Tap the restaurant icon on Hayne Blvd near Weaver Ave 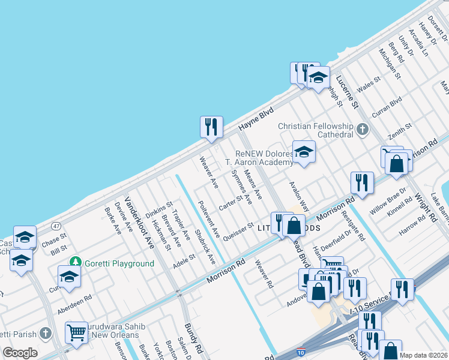pyautogui.click(x=211, y=127)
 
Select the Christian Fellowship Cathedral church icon pyautogui.click(x=362, y=129)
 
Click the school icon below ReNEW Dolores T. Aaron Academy pyautogui.click(x=304, y=152)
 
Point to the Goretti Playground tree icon pyautogui.click(x=75, y=262)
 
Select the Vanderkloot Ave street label pyautogui.click(x=139, y=221)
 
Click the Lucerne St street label pyautogui.click(x=347, y=92)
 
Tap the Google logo pyautogui.click(x=20, y=352)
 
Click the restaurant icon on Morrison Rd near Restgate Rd pyautogui.click(x=362, y=183)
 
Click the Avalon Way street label pyautogui.click(x=300, y=196)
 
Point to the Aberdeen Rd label pyautogui.click(x=74, y=305)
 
